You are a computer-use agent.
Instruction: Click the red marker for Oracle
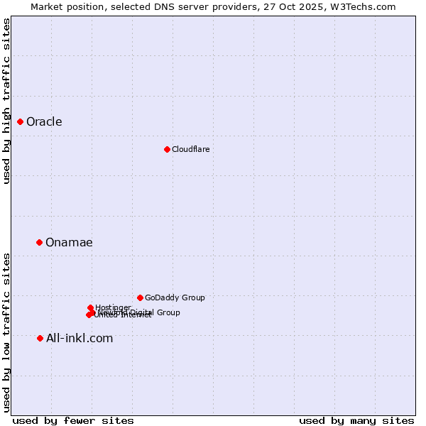tap(21, 122)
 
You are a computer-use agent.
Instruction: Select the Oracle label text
tap(44, 122)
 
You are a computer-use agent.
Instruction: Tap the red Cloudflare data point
tap(167, 149)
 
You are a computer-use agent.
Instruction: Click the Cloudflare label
tap(190, 149)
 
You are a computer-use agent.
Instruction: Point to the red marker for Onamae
tap(40, 243)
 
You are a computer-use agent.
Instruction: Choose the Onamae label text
tap(69, 243)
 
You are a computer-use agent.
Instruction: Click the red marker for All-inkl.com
tap(40, 339)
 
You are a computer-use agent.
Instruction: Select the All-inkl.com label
tap(80, 339)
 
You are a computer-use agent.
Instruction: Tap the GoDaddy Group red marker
tap(140, 298)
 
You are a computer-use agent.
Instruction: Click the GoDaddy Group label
tap(175, 298)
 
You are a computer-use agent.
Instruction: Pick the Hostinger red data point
tap(90, 308)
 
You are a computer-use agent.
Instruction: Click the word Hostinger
tap(114, 307)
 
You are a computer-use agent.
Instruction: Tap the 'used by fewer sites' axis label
tap(73, 421)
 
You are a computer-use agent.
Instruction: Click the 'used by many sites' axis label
tap(356, 421)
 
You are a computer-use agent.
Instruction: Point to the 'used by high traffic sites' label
tap(7, 101)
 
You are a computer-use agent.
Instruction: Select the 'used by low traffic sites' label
tap(7, 332)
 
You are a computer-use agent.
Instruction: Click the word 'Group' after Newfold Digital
tap(168, 312)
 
